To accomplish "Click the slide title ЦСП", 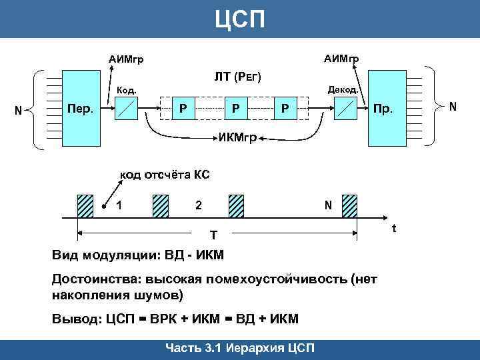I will point(240,18).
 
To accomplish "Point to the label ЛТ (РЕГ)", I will point(237,78).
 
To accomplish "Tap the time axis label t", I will point(394,229).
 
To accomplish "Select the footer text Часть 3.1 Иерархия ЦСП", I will point(240,348).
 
